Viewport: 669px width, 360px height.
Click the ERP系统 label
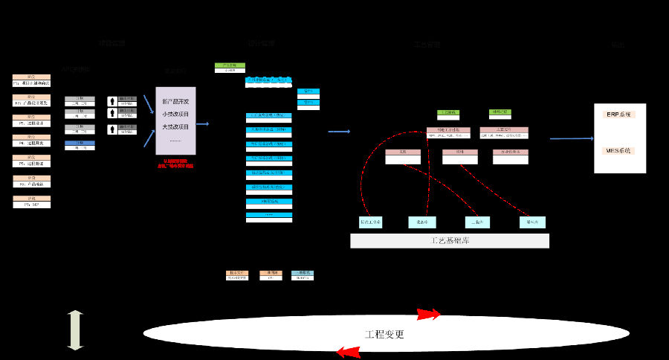click(618, 115)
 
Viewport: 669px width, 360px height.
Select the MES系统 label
click(618, 150)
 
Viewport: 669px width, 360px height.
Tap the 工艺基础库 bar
click(450, 241)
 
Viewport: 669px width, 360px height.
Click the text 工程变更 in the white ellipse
click(384, 335)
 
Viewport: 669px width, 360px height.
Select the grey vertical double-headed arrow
click(75, 331)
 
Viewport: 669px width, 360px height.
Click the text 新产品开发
click(175, 101)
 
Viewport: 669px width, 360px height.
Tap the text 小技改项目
click(175, 114)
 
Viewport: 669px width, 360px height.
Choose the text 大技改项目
click(175, 126)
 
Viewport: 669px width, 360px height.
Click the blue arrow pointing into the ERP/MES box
click(571, 138)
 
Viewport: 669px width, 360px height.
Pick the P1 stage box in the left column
click(32, 80)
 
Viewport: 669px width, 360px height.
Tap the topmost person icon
click(112, 100)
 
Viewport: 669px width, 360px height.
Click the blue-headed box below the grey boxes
click(80, 145)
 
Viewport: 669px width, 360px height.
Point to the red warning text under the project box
click(175, 164)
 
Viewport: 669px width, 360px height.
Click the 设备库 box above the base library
click(422, 222)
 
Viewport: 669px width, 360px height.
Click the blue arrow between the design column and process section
click(339, 132)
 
